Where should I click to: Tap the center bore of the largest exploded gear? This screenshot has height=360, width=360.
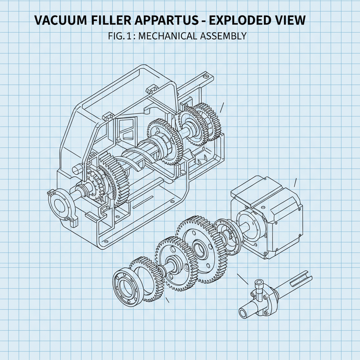[x=199, y=250]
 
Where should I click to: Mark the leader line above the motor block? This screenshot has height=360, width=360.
[x=295, y=182]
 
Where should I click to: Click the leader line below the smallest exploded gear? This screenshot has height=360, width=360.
[x=167, y=300]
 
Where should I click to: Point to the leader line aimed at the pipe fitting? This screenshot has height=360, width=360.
[x=243, y=279]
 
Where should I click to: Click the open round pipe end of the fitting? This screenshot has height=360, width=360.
[x=243, y=313]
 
